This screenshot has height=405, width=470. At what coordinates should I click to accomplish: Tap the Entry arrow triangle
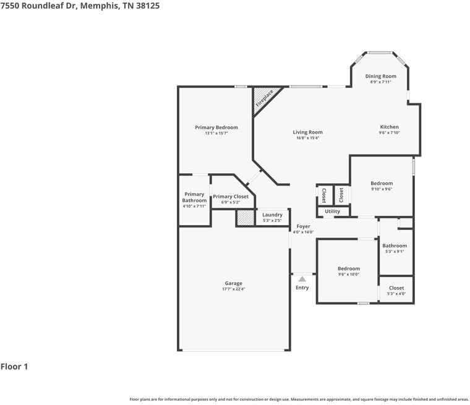302,279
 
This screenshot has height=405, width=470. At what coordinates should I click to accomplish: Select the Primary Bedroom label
216,127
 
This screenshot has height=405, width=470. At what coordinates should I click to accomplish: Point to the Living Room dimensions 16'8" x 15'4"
307,138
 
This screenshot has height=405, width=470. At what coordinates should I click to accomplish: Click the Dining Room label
381,76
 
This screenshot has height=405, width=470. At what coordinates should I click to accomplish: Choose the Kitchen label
389,127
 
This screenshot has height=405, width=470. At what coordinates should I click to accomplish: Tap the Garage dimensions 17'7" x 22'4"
234,289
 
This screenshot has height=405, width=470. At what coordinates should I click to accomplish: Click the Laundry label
272,215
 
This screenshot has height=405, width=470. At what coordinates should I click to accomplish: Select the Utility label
332,211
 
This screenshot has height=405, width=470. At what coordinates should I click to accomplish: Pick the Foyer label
303,226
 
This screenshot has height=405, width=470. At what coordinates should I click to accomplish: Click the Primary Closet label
231,197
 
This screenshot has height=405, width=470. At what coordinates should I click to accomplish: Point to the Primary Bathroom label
194,197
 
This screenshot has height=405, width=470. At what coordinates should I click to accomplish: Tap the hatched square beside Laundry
245,218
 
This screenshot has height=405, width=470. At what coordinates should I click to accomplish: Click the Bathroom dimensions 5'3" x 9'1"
395,252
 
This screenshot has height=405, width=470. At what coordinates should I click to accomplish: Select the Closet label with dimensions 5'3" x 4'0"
396,288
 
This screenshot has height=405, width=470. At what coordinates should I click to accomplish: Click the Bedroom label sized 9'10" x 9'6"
382,183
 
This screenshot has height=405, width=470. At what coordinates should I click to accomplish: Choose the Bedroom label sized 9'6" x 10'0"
349,268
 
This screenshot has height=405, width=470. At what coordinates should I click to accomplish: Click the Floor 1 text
14,367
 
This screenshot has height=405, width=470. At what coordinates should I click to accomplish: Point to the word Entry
302,288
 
